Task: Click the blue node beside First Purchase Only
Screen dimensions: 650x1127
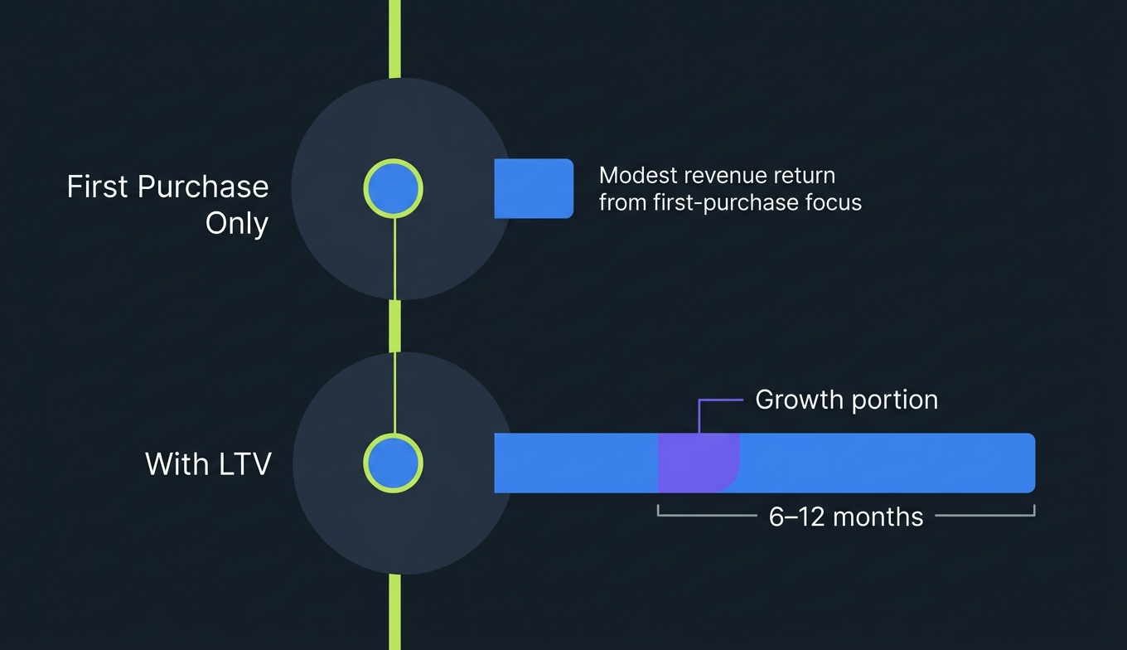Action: [394, 189]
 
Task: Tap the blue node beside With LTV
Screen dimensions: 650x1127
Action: [394, 463]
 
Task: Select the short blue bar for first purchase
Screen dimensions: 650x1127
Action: [534, 188]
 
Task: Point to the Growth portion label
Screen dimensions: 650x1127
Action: [846, 400]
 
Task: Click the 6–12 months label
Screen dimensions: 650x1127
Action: [845, 517]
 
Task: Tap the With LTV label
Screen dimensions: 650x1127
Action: [208, 463]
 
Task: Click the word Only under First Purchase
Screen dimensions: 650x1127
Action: [237, 224]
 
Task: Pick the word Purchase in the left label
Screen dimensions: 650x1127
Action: [203, 187]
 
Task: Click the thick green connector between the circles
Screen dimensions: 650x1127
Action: [395, 327]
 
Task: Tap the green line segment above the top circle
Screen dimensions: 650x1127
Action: [395, 38]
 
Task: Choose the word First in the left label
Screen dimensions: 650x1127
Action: [98, 187]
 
